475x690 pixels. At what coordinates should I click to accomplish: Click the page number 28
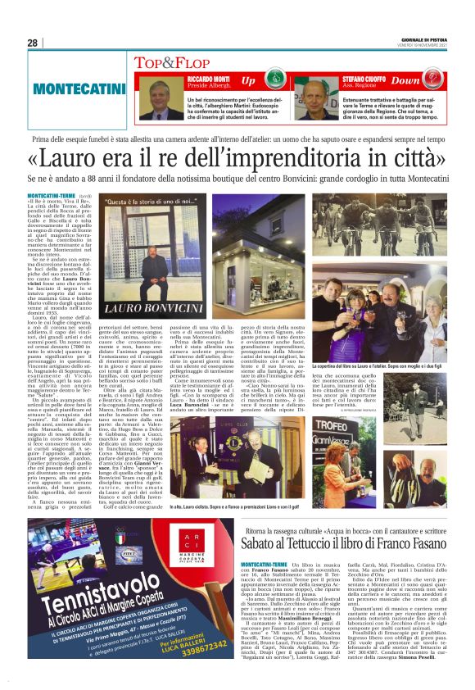coord(32,42)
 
